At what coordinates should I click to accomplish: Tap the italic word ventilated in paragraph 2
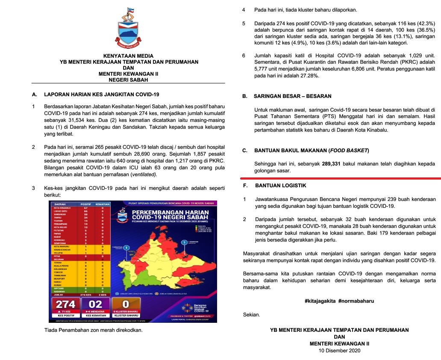(143, 174)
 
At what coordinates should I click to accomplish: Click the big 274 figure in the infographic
(65, 304)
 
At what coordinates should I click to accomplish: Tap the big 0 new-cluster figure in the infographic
(126, 304)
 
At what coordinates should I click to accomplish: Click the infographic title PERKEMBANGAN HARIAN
(170, 212)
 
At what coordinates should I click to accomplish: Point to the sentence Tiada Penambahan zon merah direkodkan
(93, 330)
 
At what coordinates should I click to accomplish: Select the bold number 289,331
(327, 164)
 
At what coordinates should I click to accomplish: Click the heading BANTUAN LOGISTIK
(280, 186)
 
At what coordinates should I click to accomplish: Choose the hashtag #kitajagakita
(320, 301)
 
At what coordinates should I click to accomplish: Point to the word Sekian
(251, 315)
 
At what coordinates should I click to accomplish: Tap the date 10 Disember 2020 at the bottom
(339, 351)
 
